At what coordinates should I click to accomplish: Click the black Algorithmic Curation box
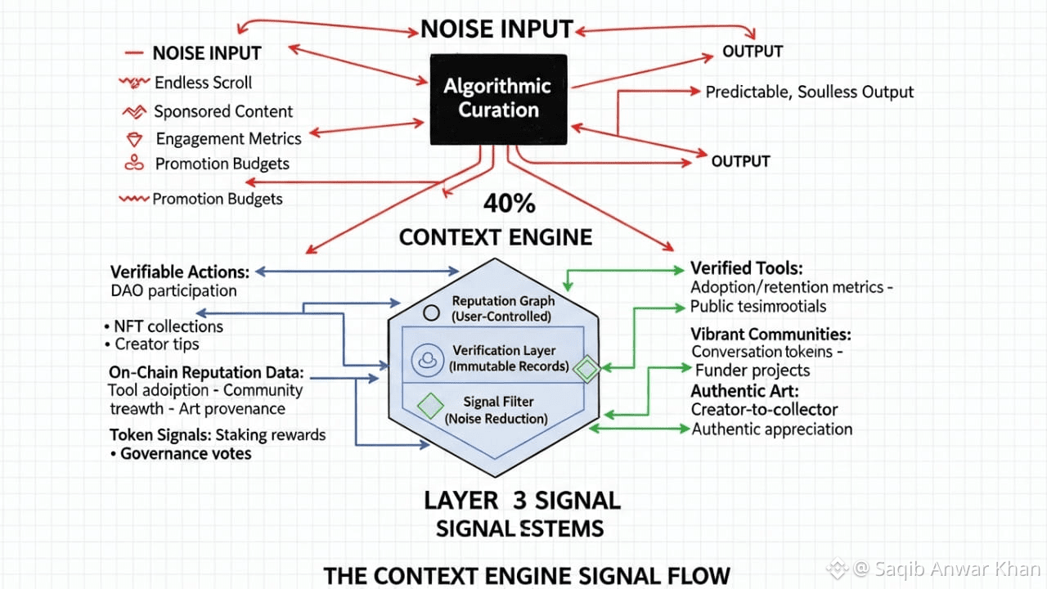[x=499, y=99]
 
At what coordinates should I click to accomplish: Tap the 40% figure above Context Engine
[x=510, y=204]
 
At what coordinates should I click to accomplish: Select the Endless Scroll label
[x=204, y=83]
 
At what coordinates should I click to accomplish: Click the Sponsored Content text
[x=223, y=112]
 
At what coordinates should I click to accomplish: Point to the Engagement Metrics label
[x=228, y=139]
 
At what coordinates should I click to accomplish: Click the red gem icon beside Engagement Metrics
[x=134, y=139]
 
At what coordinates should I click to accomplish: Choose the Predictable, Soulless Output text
[x=810, y=92]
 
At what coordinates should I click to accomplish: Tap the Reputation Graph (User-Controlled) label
[x=503, y=308]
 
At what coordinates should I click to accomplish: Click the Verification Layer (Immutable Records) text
[x=509, y=358]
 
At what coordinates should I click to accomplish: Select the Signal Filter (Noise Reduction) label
[x=497, y=410]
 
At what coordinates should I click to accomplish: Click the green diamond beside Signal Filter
[x=430, y=406]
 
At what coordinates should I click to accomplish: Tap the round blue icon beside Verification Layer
[x=427, y=360]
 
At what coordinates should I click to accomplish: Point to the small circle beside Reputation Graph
[x=431, y=312]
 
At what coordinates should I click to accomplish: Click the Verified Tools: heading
[x=747, y=268]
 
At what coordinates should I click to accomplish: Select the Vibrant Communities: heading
[x=771, y=335]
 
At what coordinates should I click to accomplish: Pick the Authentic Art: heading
[x=745, y=391]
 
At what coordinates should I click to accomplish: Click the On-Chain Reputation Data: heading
[x=206, y=372]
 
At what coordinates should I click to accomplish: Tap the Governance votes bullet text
[x=186, y=454]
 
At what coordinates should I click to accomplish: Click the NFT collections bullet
[x=169, y=326]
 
